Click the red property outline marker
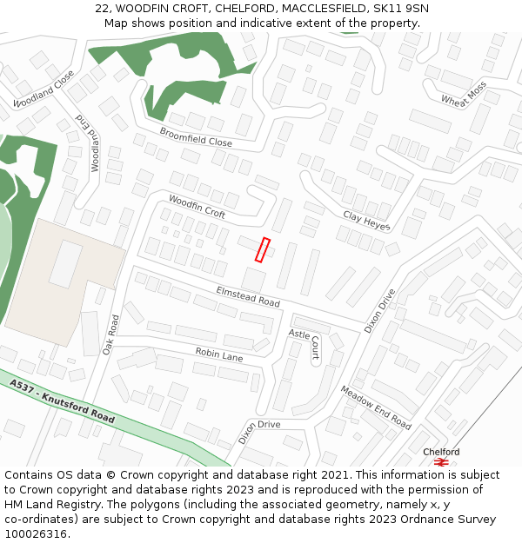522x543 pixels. click(x=263, y=249)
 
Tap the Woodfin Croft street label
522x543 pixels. click(x=197, y=207)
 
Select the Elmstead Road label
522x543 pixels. click(x=248, y=296)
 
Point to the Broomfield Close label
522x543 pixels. click(x=196, y=136)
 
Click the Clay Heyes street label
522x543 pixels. click(x=366, y=222)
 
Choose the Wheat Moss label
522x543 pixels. click(x=464, y=95)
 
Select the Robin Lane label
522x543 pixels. click(x=219, y=354)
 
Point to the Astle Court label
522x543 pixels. click(x=304, y=344)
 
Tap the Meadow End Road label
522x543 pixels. click(x=375, y=407)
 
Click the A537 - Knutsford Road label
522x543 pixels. click(x=63, y=401)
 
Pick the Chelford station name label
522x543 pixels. click(x=441, y=452)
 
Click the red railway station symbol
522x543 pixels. click(x=441, y=462)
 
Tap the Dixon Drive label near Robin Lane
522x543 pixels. click(x=259, y=430)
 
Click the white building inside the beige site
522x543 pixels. click(x=65, y=264)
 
